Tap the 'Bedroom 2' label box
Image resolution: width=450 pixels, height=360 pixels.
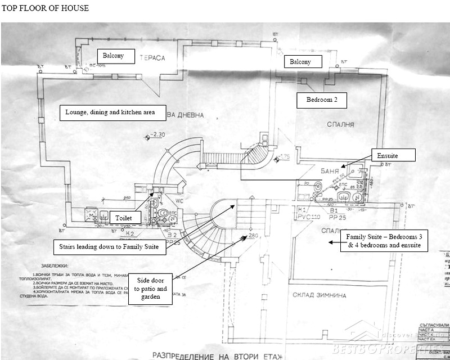[322, 100]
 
